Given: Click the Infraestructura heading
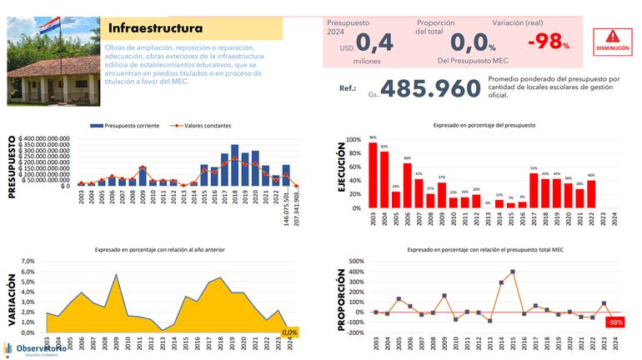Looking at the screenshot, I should pyautogui.click(x=156, y=28).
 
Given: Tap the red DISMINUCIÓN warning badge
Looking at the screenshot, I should pyautogui.click(x=613, y=42).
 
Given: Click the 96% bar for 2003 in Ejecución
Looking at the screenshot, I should pyautogui.click(x=373, y=172).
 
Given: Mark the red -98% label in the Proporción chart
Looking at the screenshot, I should pyautogui.click(x=615, y=322).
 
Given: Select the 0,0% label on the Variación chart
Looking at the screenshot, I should pyautogui.click(x=289, y=332).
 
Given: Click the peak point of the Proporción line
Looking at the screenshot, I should pyautogui.click(x=513, y=272).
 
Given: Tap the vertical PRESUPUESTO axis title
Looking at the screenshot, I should pyautogui.click(x=13, y=167).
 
